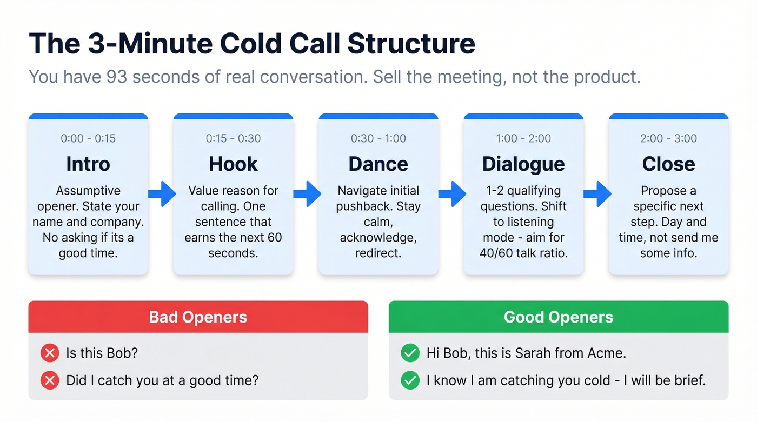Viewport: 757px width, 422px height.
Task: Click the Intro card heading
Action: [x=88, y=164]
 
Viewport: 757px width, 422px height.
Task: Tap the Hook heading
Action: [x=233, y=164]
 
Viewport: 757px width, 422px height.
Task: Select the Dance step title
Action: [x=378, y=164]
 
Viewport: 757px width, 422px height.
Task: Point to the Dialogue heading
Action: [x=523, y=164]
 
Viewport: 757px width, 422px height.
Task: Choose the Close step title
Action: [x=668, y=164]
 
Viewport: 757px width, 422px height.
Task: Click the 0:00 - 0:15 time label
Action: [x=88, y=138]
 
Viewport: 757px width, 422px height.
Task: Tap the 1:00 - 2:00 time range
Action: [x=523, y=138]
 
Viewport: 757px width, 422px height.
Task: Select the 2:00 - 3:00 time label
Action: [x=668, y=138]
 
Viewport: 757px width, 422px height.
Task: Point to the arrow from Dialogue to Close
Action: [x=596, y=193]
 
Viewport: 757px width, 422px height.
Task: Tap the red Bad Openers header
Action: [x=198, y=317]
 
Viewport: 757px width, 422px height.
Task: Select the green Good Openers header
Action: [x=558, y=317]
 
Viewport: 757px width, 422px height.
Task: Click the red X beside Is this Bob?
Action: [x=50, y=353]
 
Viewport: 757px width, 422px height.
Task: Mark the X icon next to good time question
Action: [x=50, y=380]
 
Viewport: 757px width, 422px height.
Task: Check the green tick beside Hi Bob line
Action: [x=410, y=353]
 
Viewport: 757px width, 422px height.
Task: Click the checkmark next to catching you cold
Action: [x=410, y=380]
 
